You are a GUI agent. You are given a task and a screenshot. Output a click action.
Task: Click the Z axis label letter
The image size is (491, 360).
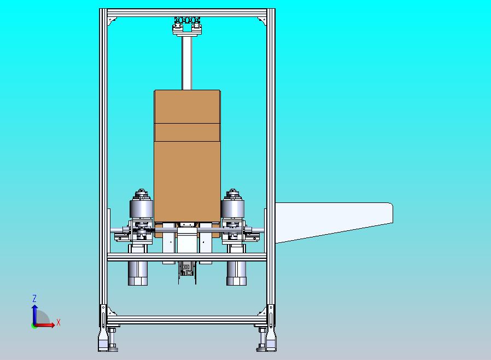pos(34,298)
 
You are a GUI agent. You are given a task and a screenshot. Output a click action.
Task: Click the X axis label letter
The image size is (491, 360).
pos(59,322)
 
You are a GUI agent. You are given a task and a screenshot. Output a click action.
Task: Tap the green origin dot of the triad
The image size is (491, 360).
pos(33,326)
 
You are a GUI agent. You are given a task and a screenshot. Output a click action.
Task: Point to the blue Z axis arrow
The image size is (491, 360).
pos(35,315)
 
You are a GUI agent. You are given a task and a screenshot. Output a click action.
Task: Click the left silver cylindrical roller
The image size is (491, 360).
pos(141,208)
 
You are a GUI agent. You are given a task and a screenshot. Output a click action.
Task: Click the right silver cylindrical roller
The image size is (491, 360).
pos(232,208)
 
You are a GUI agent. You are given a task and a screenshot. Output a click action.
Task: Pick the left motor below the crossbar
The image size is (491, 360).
pos(138,273)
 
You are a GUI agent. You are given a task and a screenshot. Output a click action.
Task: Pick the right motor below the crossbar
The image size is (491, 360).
pos(236,273)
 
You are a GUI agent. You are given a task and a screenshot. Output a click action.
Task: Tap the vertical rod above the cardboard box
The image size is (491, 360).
pos(187,63)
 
